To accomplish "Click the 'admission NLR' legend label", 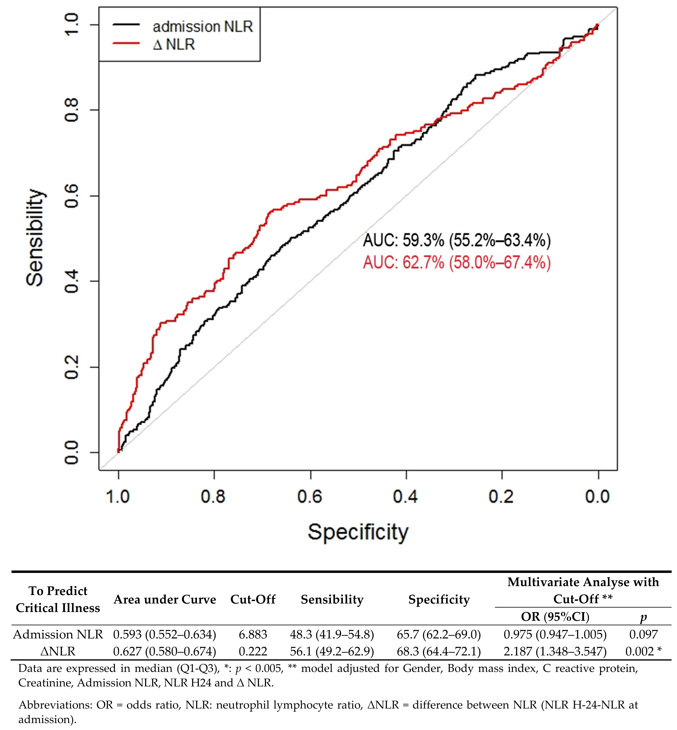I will (203, 27).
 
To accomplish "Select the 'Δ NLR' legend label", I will (174, 44).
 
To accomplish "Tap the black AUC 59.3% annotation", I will (456, 240).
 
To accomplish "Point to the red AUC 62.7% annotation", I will (456, 263).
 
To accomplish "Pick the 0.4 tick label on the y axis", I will (71, 281).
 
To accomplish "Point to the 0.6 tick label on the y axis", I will (71, 196).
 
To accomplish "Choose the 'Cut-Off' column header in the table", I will (253, 600).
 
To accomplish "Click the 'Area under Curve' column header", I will (165, 600).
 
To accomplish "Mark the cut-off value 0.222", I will (253, 651).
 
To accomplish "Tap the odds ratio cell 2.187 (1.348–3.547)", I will (555, 651).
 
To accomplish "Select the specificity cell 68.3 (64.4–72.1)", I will (439, 651).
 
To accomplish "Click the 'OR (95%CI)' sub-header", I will (555, 617).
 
